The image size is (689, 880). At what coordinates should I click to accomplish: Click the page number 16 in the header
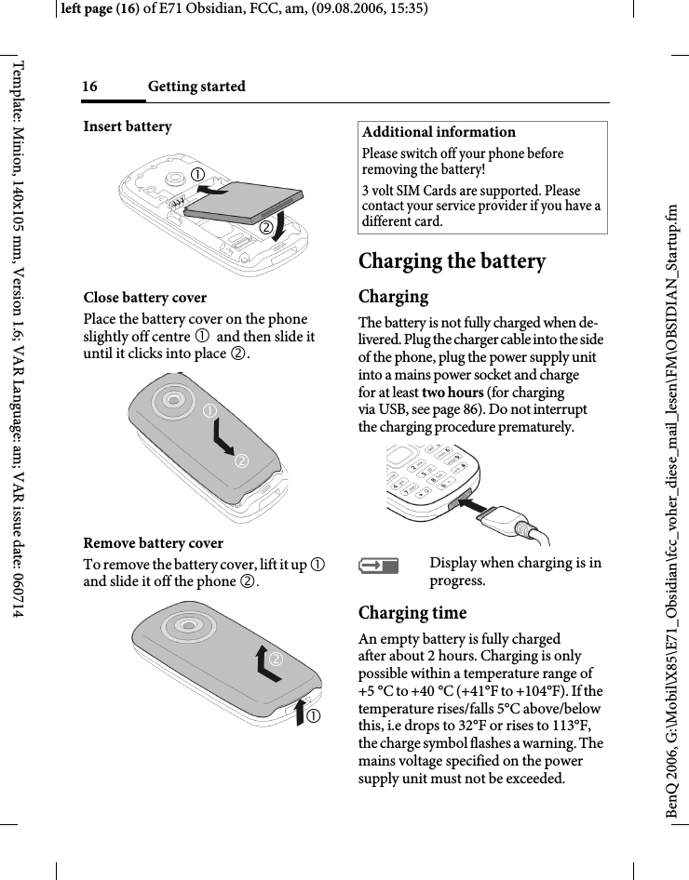click(x=89, y=87)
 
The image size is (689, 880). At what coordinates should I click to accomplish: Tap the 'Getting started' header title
click(x=196, y=87)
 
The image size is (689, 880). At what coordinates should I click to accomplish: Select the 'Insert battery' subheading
click(x=128, y=127)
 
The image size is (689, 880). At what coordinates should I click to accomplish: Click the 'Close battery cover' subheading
click(x=145, y=298)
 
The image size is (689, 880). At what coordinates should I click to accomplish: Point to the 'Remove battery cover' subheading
click(x=154, y=543)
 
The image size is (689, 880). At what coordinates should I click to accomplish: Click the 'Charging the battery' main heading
click(x=453, y=261)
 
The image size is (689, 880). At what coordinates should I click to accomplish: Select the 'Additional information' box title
click(x=439, y=132)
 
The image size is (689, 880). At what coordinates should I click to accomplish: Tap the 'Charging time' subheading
click(x=412, y=613)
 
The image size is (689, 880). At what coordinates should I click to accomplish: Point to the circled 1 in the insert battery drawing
click(x=198, y=174)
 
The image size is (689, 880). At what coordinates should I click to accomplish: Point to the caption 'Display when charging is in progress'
click(x=515, y=572)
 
